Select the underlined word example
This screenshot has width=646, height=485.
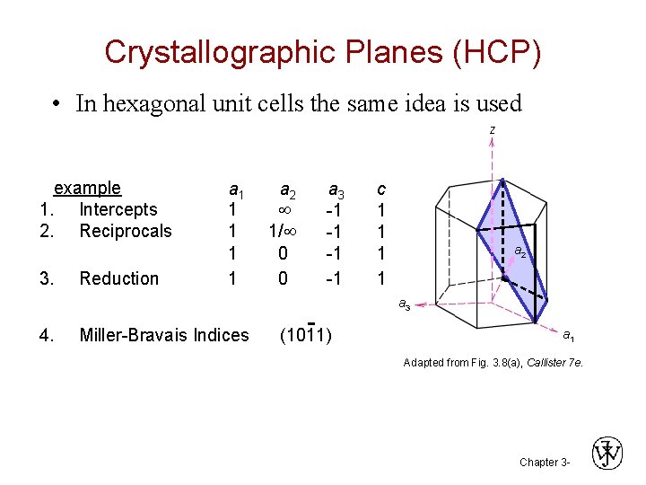pyautogui.click(x=87, y=188)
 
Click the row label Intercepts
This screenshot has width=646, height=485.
pyautogui.click(x=118, y=209)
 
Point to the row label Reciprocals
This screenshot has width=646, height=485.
pyautogui.click(x=125, y=231)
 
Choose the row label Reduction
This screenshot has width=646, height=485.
pyautogui.click(x=118, y=278)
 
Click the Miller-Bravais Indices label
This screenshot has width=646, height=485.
pyautogui.click(x=164, y=335)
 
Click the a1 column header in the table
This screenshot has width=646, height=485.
pyautogui.click(x=237, y=190)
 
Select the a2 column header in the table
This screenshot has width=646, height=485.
pyautogui.click(x=287, y=190)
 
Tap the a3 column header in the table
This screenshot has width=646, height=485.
pyautogui.click(x=336, y=190)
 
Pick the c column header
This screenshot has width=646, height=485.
pyautogui.click(x=381, y=189)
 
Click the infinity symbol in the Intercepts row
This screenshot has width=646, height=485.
pyautogui.click(x=284, y=210)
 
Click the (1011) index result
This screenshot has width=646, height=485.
pyautogui.click(x=305, y=336)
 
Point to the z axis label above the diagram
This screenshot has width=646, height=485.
pyautogui.click(x=492, y=130)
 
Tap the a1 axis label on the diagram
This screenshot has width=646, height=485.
pyautogui.click(x=569, y=335)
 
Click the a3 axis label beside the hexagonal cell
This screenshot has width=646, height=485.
pyautogui.click(x=405, y=305)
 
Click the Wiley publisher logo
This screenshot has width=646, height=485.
pyautogui.click(x=607, y=453)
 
